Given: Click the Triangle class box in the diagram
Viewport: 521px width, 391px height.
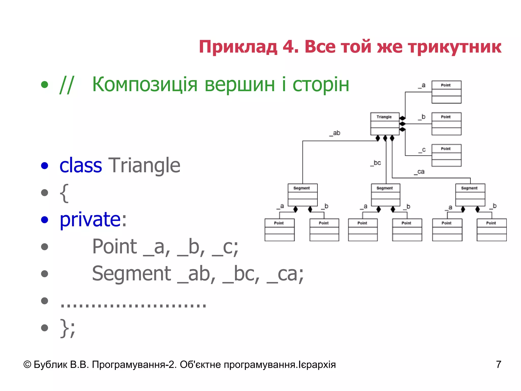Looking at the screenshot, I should coord(385,124).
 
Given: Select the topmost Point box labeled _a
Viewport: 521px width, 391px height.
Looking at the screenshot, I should coord(446,92).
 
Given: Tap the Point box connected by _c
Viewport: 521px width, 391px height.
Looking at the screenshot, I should coord(446,155).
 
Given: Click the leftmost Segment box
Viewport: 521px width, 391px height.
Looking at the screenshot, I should coord(302,195).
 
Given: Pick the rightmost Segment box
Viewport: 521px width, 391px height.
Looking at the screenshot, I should coord(470,195).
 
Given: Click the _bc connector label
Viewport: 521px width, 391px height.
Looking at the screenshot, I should coord(376,163).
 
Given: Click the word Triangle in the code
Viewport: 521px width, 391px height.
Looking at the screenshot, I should coord(144,165).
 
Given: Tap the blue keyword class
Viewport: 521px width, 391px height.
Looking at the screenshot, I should coord(80,165).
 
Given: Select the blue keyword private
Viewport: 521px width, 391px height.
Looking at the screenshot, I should coord(90,219).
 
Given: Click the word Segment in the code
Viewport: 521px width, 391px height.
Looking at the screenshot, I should coord(131,273).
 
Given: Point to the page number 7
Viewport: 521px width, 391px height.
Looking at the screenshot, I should coord(498,365).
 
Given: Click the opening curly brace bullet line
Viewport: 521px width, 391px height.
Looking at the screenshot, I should coord(64,193).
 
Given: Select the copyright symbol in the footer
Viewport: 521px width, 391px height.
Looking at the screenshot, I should coord(27,365).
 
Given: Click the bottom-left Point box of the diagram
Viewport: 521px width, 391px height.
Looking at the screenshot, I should coord(280,230).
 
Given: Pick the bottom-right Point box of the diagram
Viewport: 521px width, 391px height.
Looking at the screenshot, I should coord(491,230).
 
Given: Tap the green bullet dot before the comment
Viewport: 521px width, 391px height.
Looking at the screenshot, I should coord(45,85).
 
